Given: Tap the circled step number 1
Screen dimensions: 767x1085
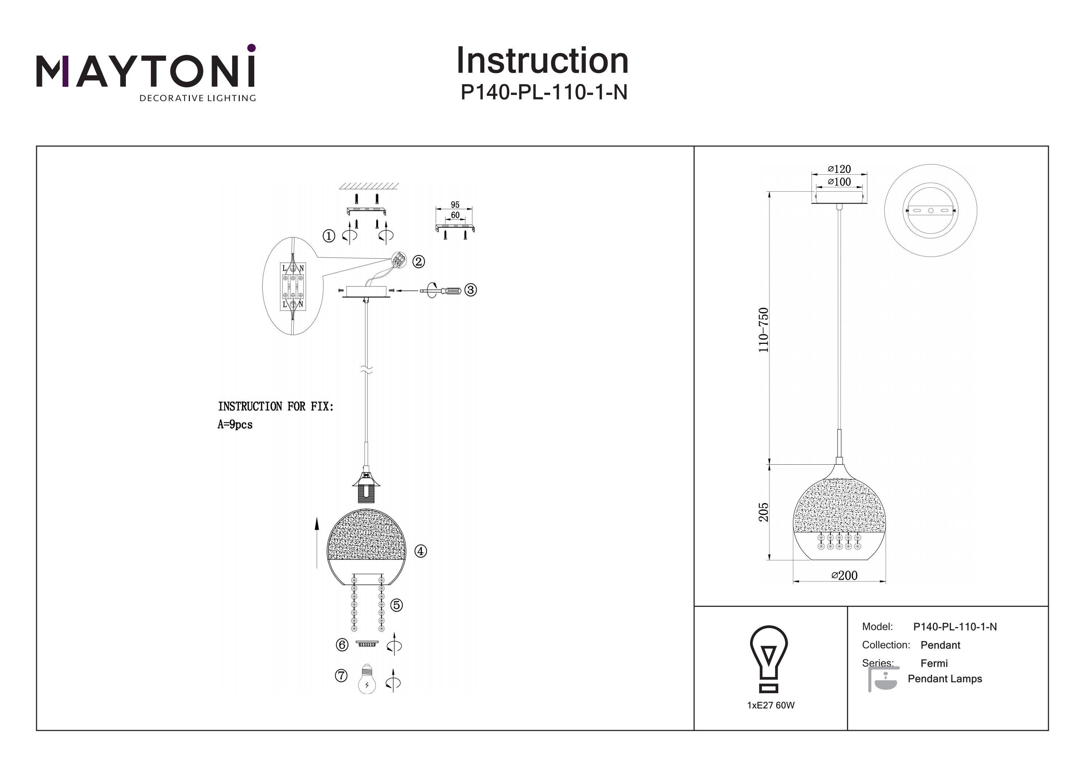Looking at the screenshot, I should coord(329,236).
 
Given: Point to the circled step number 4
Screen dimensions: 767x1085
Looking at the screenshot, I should coord(421,551).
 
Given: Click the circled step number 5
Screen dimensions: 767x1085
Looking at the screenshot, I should coord(397,605).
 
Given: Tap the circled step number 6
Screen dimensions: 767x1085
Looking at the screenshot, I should coord(342,645).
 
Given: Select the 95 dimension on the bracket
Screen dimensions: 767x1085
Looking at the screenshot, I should coord(455,205).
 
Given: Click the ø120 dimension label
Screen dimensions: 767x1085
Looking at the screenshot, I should coord(839,169).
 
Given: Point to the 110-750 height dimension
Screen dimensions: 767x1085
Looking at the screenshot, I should coord(763,329).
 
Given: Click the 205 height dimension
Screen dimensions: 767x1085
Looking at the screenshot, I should coord(763,512).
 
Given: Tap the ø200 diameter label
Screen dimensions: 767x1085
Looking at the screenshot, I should coord(844,575).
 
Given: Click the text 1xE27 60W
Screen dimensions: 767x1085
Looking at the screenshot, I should coord(771,706).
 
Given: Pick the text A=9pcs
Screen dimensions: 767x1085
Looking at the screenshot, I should coord(235,425).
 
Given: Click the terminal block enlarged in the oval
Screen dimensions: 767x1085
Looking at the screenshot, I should coord(293,286).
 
